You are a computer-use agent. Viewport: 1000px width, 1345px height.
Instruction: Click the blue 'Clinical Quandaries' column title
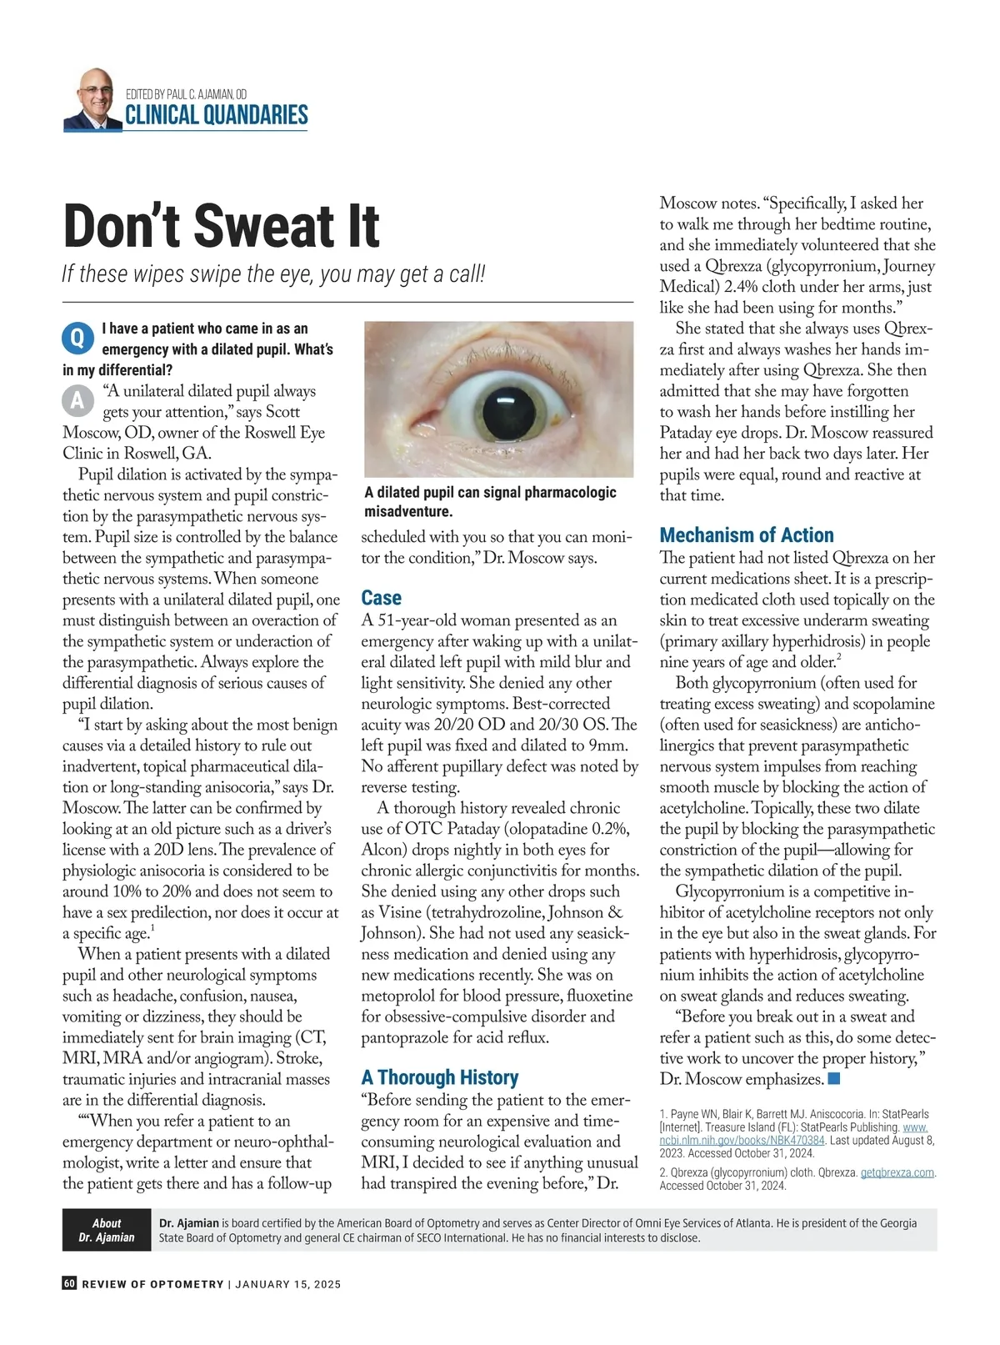pyautogui.click(x=216, y=115)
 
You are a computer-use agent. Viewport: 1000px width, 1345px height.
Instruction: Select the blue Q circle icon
pyautogui.click(x=77, y=338)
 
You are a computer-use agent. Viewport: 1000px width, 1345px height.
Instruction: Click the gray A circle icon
pyautogui.click(x=77, y=401)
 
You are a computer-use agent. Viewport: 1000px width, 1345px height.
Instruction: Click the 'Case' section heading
pyautogui.click(x=381, y=598)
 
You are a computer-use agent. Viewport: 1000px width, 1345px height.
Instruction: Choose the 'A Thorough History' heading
pyautogui.click(x=439, y=1077)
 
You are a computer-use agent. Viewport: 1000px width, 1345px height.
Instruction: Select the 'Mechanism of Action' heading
pyautogui.click(x=746, y=535)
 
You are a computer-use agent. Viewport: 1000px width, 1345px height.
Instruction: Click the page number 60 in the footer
pyautogui.click(x=69, y=1283)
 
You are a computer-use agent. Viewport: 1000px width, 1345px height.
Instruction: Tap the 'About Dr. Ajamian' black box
pyautogui.click(x=107, y=1230)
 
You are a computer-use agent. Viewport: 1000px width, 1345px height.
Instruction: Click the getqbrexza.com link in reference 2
pyautogui.click(x=897, y=1172)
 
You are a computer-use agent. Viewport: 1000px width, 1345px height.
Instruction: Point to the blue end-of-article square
pyautogui.click(x=834, y=1079)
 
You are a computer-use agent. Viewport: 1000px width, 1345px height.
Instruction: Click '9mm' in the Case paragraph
pyautogui.click(x=612, y=745)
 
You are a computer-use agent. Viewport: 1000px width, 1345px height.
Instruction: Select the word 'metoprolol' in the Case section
pyautogui.click(x=399, y=996)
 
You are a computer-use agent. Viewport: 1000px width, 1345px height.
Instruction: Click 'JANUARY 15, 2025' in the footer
pyautogui.click(x=287, y=1284)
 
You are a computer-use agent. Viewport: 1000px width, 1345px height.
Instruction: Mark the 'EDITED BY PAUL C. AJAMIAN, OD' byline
pyautogui.click(x=186, y=94)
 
